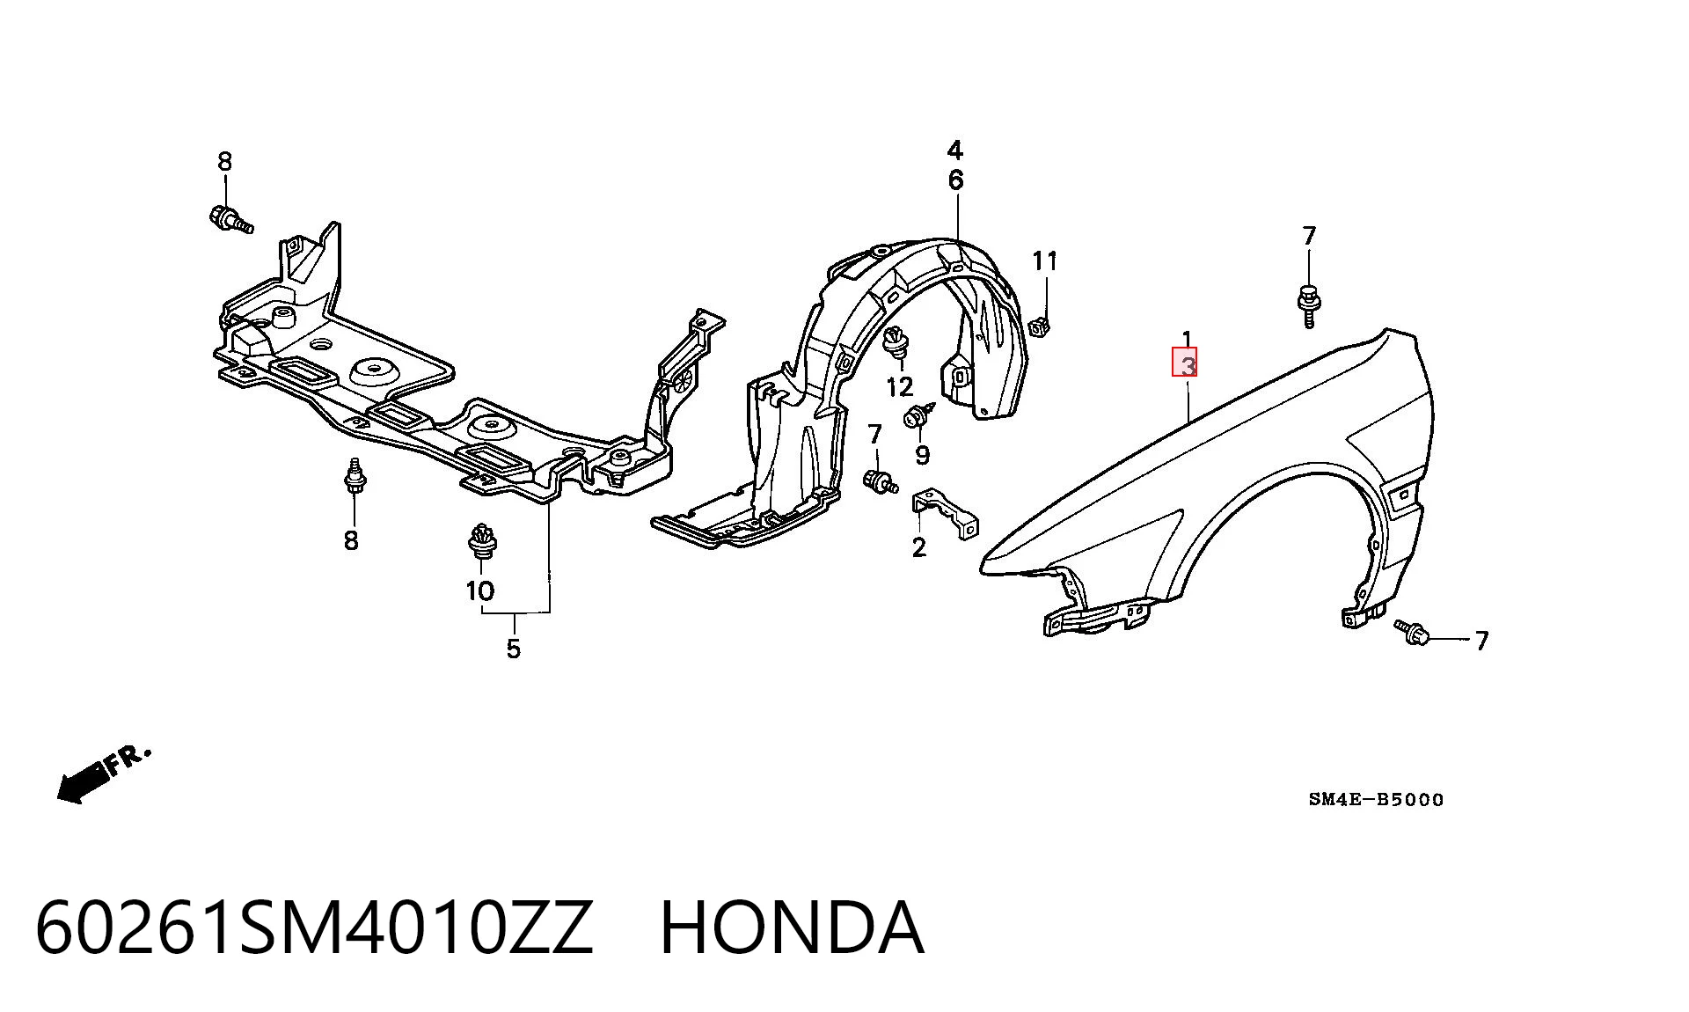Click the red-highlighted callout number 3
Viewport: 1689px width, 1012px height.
(1185, 362)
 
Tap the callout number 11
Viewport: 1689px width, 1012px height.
(1045, 260)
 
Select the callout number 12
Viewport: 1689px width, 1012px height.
(900, 386)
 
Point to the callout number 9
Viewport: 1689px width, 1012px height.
(922, 454)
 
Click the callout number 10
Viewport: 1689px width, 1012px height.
(480, 590)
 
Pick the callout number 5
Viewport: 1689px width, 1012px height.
(514, 649)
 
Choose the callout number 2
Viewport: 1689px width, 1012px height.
(919, 547)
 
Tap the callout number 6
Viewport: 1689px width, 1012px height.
(956, 180)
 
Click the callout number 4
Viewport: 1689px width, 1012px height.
(955, 150)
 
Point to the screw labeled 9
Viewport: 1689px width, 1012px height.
(917, 415)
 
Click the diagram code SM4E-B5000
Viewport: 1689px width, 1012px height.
(1376, 800)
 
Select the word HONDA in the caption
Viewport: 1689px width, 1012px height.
(792, 928)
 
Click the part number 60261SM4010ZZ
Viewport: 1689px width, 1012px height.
(314, 928)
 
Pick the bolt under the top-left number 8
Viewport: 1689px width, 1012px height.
(230, 219)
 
